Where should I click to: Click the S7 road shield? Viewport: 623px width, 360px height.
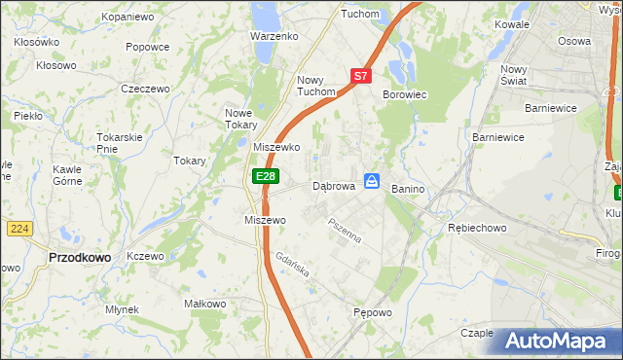pos(360,75)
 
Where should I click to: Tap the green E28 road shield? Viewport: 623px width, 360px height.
pos(266,176)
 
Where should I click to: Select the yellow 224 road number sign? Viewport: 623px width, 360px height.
pos(20,228)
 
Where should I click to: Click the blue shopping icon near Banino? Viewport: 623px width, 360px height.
pos(372,181)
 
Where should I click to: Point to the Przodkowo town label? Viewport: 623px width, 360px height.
pos(79,257)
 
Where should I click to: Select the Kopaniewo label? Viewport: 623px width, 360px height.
pos(128,18)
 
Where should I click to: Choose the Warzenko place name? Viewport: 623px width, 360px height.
pos(274,36)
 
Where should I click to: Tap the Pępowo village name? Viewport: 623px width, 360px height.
pos(372,313)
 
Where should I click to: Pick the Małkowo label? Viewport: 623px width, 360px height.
pos(204,305)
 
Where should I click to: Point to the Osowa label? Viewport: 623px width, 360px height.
pos(574,41)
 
